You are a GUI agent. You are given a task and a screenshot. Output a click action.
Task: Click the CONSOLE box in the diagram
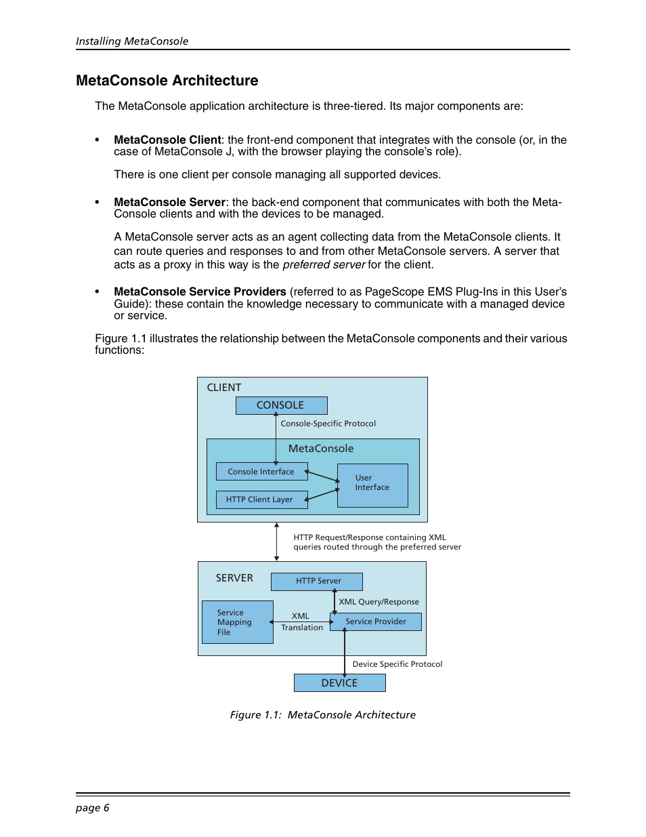tap(281, 405)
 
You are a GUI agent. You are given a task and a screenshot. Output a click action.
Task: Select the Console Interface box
tap(261, 472)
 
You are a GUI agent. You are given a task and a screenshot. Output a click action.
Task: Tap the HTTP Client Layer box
tap(261, 499)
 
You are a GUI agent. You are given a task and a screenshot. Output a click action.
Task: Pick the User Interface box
tap(372, 485)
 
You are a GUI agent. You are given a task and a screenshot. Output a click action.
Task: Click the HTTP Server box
tap(317, 581)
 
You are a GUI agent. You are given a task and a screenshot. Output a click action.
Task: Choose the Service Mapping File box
tap(237, 622)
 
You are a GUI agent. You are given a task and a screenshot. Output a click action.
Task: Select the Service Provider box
tap(376, 621)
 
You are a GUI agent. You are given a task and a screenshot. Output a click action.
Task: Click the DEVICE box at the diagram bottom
tap(339, 683)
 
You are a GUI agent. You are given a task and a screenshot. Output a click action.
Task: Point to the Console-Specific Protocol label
tap(328, 424)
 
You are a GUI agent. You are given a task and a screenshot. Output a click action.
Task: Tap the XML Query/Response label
tap(379, 602)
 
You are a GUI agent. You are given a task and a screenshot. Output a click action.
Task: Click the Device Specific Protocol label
tap(397, 664)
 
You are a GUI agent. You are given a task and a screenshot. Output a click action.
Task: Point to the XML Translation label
tap(301, 622)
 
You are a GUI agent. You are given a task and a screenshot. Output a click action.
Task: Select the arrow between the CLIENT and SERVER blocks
tap(276, 542)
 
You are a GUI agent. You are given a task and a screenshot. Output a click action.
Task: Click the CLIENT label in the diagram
tap(224, 388)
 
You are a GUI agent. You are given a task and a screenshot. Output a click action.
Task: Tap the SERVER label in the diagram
tap(234, 578)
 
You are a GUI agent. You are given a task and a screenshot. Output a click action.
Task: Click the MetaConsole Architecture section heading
tap(167, 81)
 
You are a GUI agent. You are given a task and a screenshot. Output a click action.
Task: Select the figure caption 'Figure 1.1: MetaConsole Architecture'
tap(323, 715)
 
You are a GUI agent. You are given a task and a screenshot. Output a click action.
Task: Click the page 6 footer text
tap(93, 808)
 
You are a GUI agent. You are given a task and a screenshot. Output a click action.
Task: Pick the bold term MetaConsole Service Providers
tap(200, 292)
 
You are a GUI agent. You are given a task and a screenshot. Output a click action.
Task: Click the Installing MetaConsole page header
tap(132, 41)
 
